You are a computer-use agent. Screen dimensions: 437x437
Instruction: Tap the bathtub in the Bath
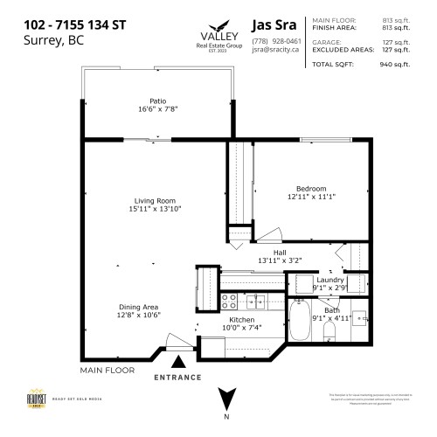(x=299, y=322)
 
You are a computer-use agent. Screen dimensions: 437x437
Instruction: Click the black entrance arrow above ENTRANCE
(x=179, y=360)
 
